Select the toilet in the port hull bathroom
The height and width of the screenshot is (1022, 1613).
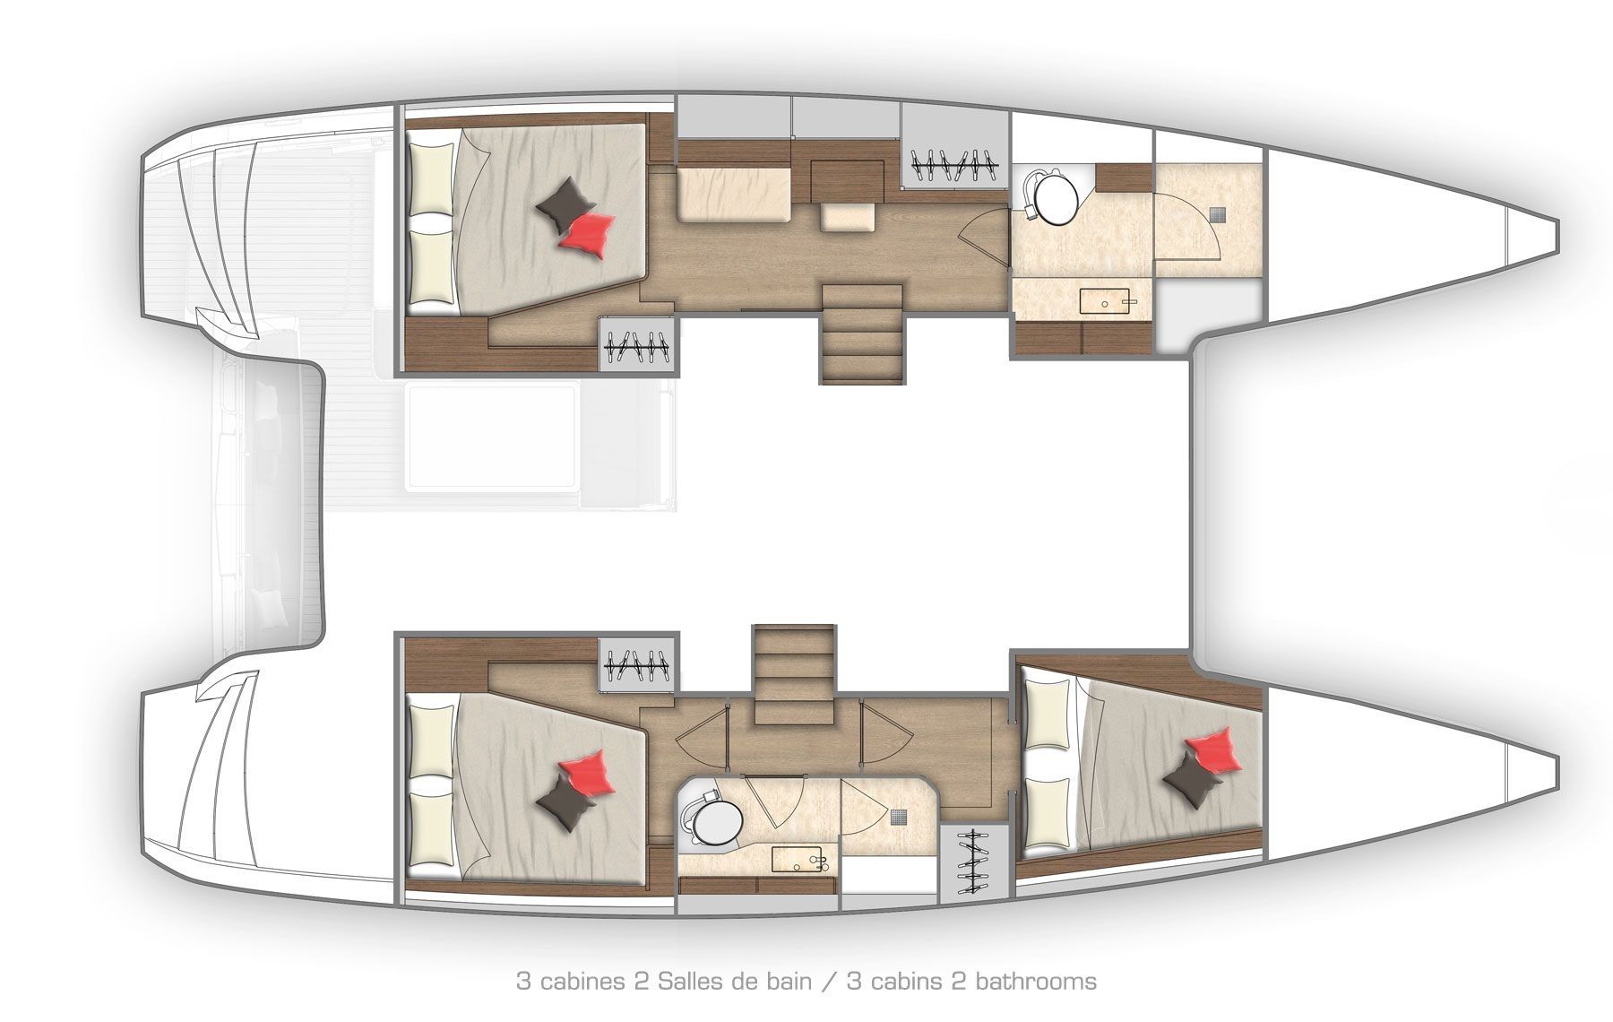(1054, 197)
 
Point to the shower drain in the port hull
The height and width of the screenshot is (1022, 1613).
(1219, 214)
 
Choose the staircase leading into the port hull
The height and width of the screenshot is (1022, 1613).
(861, 333)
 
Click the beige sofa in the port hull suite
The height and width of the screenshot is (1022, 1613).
(733, 197)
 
